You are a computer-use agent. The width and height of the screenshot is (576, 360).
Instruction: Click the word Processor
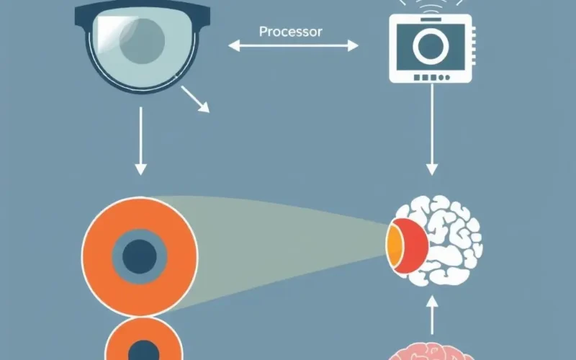(291, 32)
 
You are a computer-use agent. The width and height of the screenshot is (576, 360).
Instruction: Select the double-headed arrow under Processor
(293, 46)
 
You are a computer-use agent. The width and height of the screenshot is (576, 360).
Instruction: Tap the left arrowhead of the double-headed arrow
(234, 46)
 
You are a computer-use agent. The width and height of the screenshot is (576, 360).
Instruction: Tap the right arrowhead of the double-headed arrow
(353, 46)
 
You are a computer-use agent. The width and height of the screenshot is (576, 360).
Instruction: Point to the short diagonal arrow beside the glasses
(195, 99)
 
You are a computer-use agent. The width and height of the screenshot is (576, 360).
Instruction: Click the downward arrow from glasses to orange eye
(140, 141)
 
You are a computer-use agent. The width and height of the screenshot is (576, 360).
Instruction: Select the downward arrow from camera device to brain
(431, 130)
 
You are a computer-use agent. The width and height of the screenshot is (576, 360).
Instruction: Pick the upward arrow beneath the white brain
(432, 315)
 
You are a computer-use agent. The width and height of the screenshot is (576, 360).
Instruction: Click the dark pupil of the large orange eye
(140, 256)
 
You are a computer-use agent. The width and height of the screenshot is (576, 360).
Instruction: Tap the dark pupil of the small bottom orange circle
(143, 351)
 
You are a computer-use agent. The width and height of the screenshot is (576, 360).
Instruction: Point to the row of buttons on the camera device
(431, 78)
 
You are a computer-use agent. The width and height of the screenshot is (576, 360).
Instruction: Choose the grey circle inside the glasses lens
(142, 40)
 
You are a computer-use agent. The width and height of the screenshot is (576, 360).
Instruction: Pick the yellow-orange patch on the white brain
(393, 246)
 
